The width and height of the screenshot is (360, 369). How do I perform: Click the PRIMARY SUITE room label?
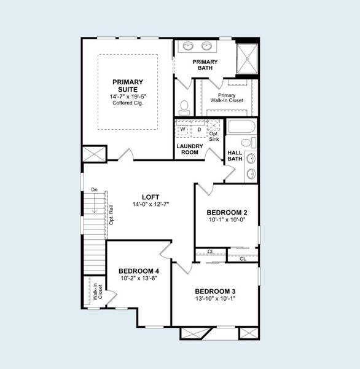coord(127,85)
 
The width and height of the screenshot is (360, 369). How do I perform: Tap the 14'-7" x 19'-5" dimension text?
coord(127,96)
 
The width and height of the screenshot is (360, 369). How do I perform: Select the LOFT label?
coord(151,197)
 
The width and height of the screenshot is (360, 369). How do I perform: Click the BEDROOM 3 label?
coord(215,291)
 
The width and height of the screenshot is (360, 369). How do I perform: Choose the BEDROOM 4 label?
coord(138,271)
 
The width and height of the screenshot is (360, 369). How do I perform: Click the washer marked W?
coord(182,129)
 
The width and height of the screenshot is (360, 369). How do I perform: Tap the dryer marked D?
coord(198,129)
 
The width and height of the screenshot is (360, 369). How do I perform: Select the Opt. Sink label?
coord(214,137)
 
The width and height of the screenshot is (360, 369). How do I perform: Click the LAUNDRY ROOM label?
coord(189,149)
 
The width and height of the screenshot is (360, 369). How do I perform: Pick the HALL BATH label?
coord(235,156)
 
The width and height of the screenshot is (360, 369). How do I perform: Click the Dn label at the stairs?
coord(94,189)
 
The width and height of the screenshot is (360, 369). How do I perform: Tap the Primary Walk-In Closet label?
coord(227,98)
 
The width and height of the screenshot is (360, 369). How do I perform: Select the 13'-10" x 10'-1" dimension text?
coord(215,298)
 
